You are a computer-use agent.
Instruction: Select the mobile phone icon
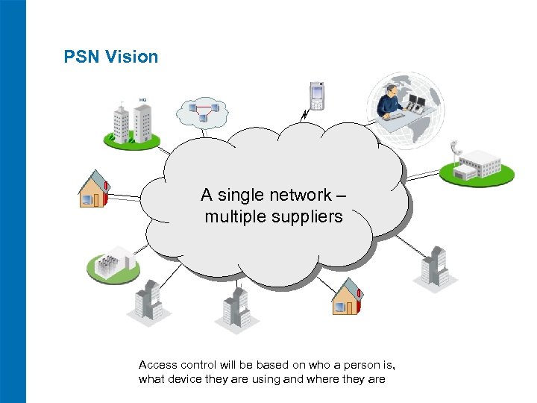[x=317, y=94]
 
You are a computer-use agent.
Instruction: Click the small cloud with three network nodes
[x=201, y=112]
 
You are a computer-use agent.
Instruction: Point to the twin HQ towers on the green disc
[x=131, y=122]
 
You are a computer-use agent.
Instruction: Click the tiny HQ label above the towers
[x=142, y=99]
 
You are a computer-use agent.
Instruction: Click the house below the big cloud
[x=347, y=297]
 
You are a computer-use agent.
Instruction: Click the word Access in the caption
[x=158, y=365]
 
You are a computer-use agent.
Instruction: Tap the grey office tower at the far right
[x=434, y=266]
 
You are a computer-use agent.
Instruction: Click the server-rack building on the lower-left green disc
[x=113, y=263]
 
